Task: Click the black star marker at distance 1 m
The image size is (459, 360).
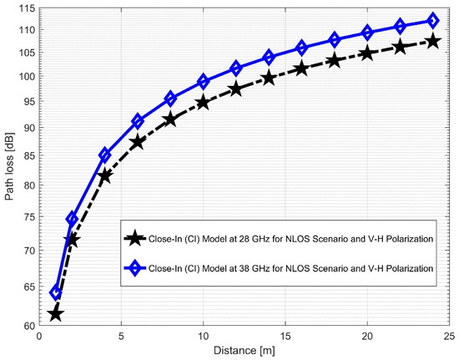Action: point(56,314)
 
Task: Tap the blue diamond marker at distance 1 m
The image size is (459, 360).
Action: point(56,292)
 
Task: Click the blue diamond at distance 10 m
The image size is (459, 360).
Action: point(203,82)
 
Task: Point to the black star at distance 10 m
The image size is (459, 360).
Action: point(203,103)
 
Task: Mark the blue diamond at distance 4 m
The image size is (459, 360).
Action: point(105,155)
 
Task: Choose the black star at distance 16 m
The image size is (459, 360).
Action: point(301,68)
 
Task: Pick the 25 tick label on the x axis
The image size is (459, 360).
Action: point(448,337)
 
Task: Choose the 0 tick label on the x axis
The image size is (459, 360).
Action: point(39,337)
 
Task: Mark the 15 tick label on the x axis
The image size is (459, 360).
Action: point(285,337)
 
